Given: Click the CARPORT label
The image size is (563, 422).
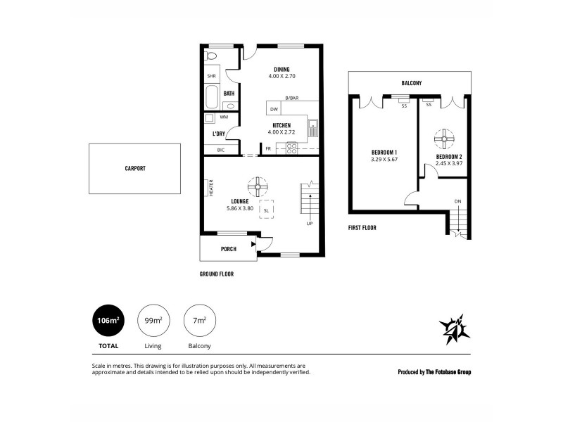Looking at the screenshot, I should tap(134, 169).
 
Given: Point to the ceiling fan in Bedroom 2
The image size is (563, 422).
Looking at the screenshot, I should tap(444, 138).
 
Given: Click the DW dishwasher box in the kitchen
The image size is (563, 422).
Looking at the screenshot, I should tap(274, 109).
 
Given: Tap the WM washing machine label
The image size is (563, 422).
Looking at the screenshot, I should tap(223, 117).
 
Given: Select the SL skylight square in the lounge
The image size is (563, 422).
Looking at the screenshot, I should tap(267, 210).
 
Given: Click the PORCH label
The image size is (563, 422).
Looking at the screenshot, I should tap(228, 249).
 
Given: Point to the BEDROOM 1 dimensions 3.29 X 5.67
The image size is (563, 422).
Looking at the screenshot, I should tap(385, 160).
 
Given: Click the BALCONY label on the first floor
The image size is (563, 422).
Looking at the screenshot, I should tap(411, 83).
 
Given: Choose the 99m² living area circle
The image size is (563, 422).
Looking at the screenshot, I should tap(153, 322).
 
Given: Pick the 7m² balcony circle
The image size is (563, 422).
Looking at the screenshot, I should tap(199, 322).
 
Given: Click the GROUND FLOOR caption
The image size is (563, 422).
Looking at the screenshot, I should tap(217, 274).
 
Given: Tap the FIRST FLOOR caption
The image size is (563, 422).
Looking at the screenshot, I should tap(362, 228).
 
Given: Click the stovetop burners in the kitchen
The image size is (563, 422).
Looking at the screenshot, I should tap(291, 148).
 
